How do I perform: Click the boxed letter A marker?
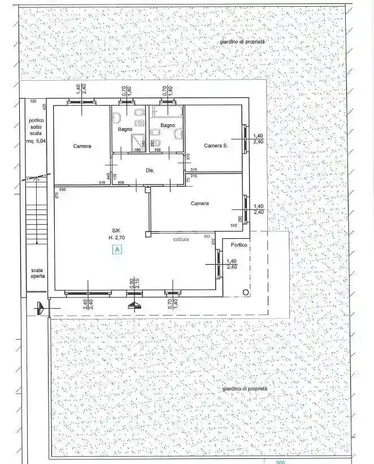point(117,248)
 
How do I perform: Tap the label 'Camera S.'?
point(215,146)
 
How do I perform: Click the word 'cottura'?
point(181,240)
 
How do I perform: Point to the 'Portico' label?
point(238,244)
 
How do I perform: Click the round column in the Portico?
point(245,291)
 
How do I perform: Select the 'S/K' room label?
point(116,230)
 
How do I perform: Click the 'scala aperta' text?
point(37,274)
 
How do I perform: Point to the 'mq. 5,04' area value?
point(37,141)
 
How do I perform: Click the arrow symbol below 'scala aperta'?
point(38,307)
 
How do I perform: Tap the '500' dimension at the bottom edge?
point(281,461)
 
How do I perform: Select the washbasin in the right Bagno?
point(179,134)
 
